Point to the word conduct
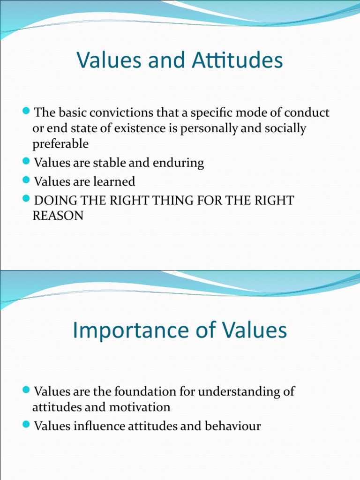[x=307, y=113]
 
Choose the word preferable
[x=60, y=143]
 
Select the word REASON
[x=58, y=216]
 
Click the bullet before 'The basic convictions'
[x=26, y=112]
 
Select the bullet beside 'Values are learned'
[x=26, y=180]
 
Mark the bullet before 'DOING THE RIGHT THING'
[x=26, y=199]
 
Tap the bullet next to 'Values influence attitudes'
[x=26, y=425]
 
